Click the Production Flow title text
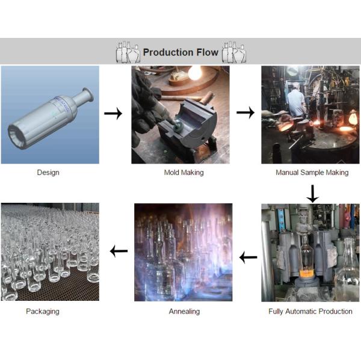click(x=180, y=52)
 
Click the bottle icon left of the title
click(x=128, y=52)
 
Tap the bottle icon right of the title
click(x=234, y=52)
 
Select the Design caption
click(x=48, y=173)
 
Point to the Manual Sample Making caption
click(x=312, y=173)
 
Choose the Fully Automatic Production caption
click(x=310, y=311)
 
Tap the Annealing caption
click(x=184, y=311)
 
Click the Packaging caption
click(x=43, y=311)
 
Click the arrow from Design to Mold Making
click(x=113, y=113)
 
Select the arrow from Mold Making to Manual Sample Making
click(x=245, y=113)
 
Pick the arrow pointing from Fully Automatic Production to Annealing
click(x=248, y=258)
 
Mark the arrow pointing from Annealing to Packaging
click(x=118, y=251)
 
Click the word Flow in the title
click(x=206, y=52)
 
